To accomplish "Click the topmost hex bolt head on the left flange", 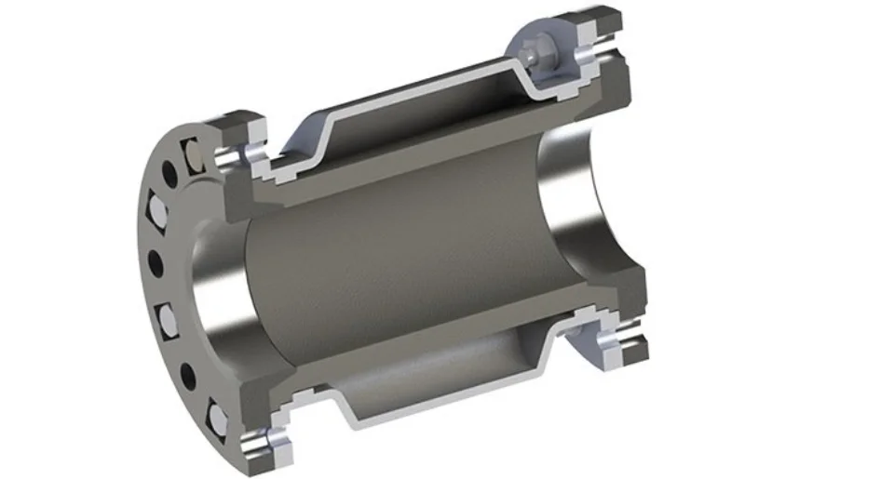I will (x=193, y=154).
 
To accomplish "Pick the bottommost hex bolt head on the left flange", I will (x=215, y=419).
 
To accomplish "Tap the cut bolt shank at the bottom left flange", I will (x=254, y=436).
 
